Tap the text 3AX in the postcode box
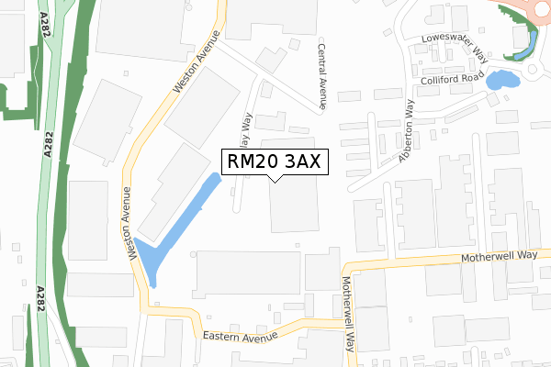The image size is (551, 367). pos(300,162)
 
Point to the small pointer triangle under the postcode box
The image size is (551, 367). pos(275,178)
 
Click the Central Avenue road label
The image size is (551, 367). pos(322,76)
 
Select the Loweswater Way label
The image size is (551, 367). pos(453,46)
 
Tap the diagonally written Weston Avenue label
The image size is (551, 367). pos(197,61)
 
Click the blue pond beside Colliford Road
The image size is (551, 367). pos(501,80)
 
